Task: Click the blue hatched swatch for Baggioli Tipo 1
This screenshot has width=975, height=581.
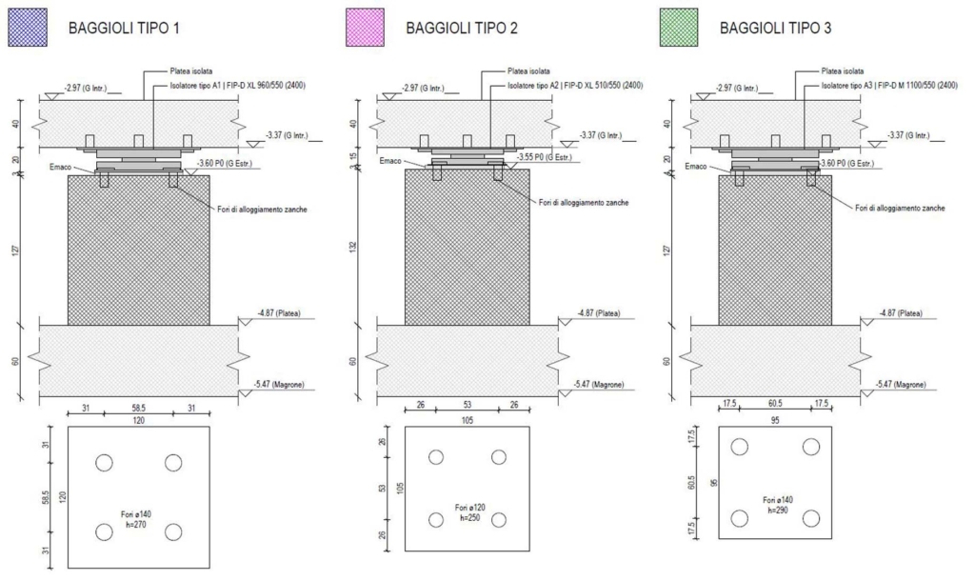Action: (x=28, y=28)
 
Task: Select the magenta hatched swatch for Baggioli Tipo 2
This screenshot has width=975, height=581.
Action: (x=365, y=28)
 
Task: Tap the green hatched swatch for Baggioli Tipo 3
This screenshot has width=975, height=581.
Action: (x=678, y=28)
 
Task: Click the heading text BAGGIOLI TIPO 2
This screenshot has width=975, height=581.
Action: (x=462, y=28)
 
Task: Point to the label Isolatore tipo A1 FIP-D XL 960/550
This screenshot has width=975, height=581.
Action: (x=237, y=85)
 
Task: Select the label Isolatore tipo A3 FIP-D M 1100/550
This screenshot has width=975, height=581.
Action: (x=889, y=85)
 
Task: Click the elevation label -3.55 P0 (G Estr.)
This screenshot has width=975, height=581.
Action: (x=545, y=157)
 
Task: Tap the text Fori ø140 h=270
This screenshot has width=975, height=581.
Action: (x=136, y=519)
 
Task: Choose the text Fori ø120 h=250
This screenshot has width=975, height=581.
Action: (x=469, y=512)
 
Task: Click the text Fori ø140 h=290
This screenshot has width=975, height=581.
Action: (x=778, y=505)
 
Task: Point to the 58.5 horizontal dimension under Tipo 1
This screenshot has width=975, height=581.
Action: (x=138, y=408)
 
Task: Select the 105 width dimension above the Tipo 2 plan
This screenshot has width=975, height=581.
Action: (x=467, y=420)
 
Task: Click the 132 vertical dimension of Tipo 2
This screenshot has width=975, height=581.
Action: (x=353, y=247)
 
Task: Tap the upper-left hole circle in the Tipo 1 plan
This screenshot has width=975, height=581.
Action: (x=104, y=463)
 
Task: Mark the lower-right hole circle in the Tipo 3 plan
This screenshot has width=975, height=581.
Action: (x=811, y=518)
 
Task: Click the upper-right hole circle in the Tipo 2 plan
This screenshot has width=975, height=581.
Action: (x=499, y=457)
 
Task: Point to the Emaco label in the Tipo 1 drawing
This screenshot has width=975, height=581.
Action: (x=60, y=168)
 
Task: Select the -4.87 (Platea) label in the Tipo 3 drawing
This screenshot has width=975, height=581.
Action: (x=901, y=313)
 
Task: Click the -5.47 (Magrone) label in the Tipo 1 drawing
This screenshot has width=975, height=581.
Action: (x=279, y=385)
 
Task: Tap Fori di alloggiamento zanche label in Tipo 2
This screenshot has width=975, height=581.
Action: (x=584, y=203)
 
